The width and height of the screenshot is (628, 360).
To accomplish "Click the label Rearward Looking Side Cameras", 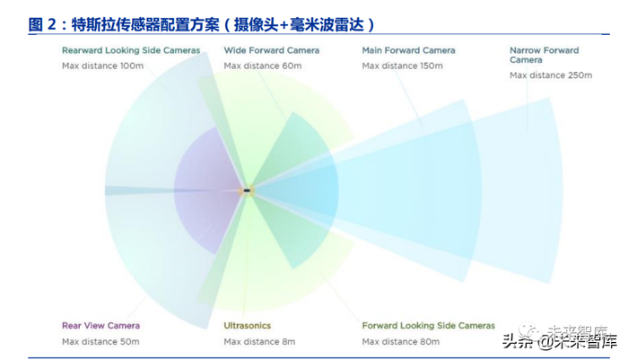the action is [x=131, y=50].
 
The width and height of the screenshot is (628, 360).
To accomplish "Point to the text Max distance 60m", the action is [x=263, y=66].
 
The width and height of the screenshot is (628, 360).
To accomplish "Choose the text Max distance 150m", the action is [x=404, y=66].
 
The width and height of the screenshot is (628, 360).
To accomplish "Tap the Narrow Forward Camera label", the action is [x=544, y=56].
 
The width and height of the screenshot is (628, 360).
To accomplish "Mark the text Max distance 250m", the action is [x=551, y=75].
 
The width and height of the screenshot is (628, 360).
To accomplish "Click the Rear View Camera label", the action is [x=100, y=325].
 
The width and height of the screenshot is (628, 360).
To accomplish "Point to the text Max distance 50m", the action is [x=100, y=341].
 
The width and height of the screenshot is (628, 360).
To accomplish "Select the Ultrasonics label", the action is [x=247, y=325].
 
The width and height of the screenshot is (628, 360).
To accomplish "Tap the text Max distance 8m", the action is [x=258, y=341].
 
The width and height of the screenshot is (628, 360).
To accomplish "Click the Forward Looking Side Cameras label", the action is [x=428, y=325].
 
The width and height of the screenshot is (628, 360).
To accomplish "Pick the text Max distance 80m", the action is [x=401, y=341].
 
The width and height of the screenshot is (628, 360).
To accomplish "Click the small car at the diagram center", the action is [x=248, y=190].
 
